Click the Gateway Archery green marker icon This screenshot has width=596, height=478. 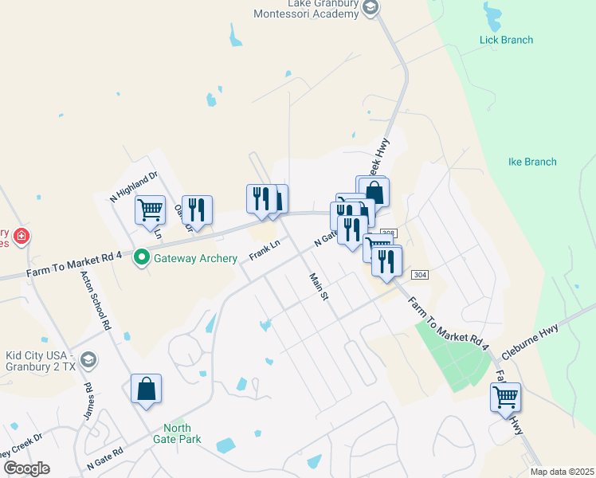coord(142,257)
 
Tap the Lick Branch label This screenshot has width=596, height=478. coord(506,40)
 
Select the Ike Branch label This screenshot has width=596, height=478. coord(532,162)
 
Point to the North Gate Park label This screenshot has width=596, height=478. coord(177,433)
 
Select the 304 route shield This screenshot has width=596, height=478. coord(420,274)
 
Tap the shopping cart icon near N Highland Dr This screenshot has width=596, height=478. coord(150,210)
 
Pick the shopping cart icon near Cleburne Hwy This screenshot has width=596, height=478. coord(506,396)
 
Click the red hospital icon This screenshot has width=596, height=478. coord(21,236)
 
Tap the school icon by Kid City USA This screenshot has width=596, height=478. coord(88,359)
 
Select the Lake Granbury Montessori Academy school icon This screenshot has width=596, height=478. coord(370,7)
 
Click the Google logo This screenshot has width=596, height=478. coord(26,468)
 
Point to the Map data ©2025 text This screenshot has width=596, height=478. coord(561,472)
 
